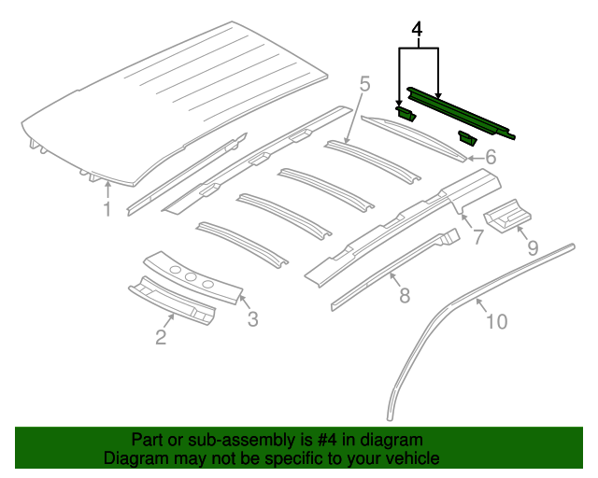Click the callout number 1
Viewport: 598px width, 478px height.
click(x=107, y=209)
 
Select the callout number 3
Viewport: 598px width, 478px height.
click(x=252, y=320)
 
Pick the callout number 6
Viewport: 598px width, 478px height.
click(x=490, y=159)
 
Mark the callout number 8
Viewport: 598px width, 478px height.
click(x=404, y=296)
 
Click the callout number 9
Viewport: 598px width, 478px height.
click(x=533, y=247)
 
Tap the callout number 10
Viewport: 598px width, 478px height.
click(x=496, y=322)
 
